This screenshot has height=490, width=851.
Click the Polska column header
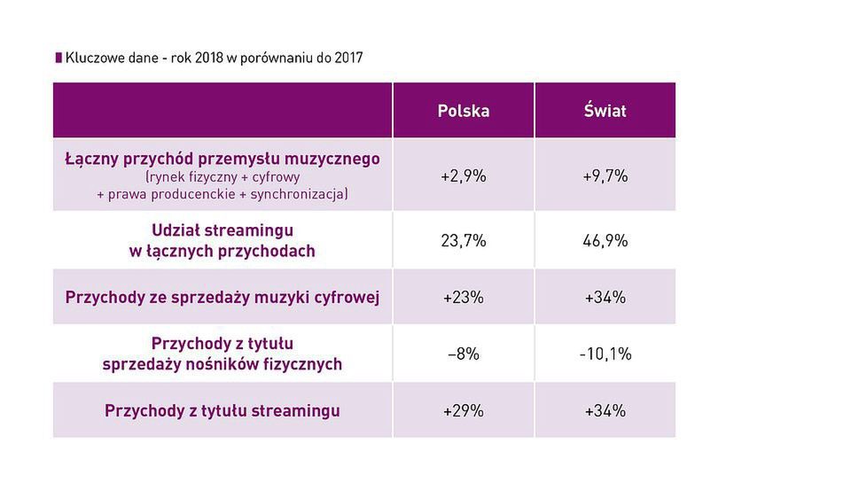(463, 111)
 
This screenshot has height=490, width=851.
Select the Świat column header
(605, 111)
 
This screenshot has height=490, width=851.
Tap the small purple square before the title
(59, 58)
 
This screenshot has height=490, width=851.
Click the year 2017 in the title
(347, 58)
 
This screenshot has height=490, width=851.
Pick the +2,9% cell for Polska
(463, 175)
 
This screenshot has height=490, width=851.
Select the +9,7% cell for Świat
(605, 175)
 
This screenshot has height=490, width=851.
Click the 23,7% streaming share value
(463, 240)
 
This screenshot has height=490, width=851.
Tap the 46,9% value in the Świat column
(605, 240)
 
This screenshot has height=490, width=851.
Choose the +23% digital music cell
(463, 298)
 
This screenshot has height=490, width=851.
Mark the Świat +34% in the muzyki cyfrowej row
(605, 298)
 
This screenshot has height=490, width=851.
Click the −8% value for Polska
(463, 354)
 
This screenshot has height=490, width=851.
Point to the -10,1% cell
(605, 354)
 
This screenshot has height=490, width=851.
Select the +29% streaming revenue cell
(463, 411)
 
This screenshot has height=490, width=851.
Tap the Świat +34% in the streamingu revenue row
(605, 411)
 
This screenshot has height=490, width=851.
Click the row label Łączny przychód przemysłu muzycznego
(223, 159)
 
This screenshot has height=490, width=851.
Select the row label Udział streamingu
(223, 230)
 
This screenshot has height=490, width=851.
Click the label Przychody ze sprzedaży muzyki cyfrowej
(223, 298)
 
